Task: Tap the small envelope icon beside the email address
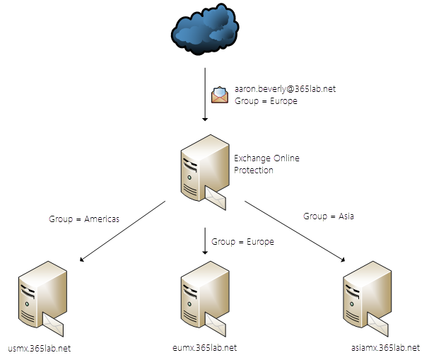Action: click(220, 95)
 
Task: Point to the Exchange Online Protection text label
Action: click(266, 164)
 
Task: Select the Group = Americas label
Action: click(84, 219)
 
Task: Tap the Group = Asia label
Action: click(329, 216)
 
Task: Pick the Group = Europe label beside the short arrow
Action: click(242, 242)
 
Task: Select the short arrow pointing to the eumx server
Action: click(205, 241)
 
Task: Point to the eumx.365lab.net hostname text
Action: click(204, 348)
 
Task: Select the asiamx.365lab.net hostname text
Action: click(384, 348)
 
